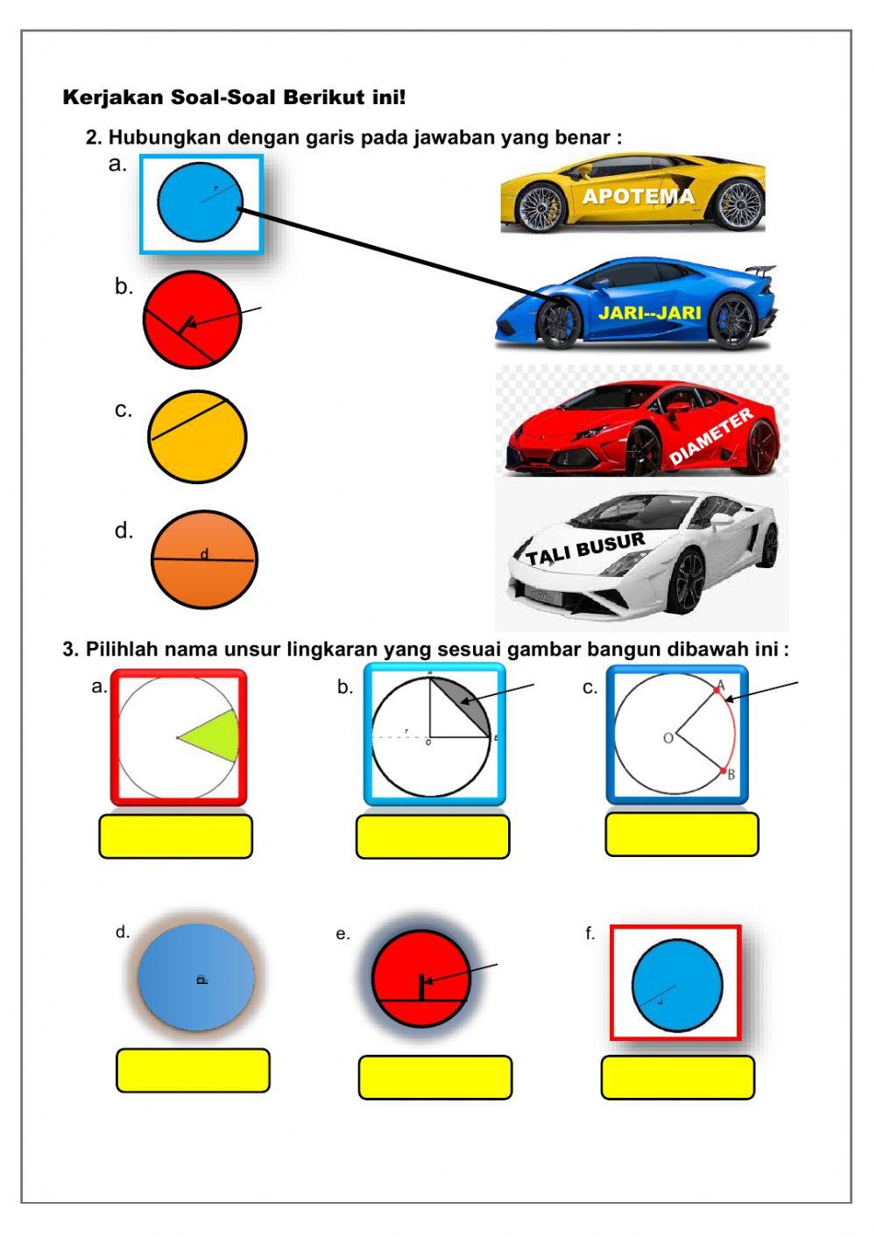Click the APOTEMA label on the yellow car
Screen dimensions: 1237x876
pos(638,196)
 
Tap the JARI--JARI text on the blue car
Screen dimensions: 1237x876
pos(649,313)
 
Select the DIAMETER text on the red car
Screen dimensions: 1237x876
pos(710,437)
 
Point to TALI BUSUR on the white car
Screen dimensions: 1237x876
pos(585,549)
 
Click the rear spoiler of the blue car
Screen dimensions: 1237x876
pos(762,271)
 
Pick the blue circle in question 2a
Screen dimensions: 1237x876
pos(199,204)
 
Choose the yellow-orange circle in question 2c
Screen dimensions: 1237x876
pos(198,437)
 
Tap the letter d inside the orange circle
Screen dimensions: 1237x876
pos(204,555)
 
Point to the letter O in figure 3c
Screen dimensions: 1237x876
pos(668,738)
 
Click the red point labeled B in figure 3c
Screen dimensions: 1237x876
pos(722,771)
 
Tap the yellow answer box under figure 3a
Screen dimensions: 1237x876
pos(175,837)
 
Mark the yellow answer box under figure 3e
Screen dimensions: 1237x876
pos(434,1077)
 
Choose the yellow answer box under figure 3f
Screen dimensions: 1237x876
pos(677,1077)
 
